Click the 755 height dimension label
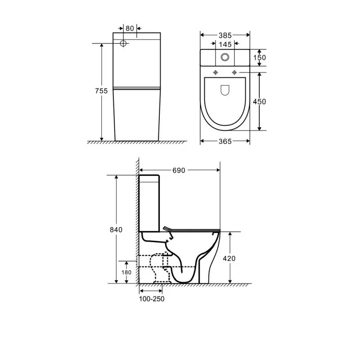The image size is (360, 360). point(101,91)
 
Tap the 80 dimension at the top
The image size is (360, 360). point(130,28)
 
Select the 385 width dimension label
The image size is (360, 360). point(225,36)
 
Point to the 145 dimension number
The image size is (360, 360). point(225,44)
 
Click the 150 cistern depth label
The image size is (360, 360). point(260,58)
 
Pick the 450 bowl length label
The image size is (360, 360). point(260,102)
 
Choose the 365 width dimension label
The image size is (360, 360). point(225,141)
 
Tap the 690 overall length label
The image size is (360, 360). point(179,171)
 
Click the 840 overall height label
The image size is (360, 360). point(116,229)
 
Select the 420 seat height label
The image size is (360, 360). point(229,258)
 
